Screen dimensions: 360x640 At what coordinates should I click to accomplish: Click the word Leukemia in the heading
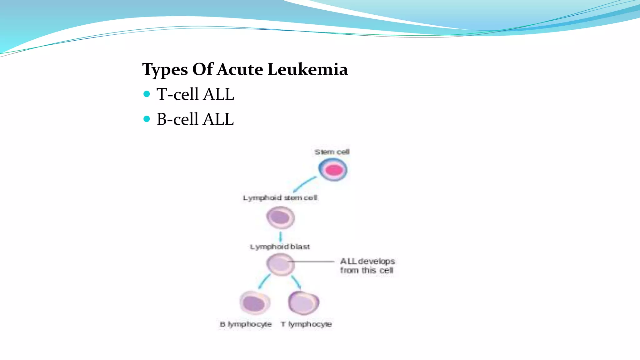pos(307,69)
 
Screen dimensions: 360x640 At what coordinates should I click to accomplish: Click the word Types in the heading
pos(165,70)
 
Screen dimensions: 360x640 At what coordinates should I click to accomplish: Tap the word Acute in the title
pos(240,69)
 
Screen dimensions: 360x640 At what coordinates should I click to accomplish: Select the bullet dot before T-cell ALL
pos(147,94)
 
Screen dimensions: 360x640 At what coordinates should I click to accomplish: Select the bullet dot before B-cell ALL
pos(147,119)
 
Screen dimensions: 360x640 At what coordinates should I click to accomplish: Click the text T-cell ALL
pos(195,94)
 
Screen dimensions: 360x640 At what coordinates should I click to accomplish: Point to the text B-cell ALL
pos(195,119)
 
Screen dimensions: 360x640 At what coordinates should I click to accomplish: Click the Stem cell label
pos(332,152)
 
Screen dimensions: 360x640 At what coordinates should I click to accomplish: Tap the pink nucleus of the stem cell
pos(334,170)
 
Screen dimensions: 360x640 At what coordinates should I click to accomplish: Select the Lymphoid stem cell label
pos(280,198)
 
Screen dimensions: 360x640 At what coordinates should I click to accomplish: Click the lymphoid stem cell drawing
pos(280,217)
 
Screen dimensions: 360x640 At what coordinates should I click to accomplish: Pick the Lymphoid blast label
pos(280,247)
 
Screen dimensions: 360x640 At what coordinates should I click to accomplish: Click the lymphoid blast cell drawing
pos(280,264)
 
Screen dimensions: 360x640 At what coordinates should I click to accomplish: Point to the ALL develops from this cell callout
pos(367,266)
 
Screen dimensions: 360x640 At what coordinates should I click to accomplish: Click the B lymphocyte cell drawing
pos(255,303)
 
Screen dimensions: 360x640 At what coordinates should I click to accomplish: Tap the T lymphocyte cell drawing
pos(303,303)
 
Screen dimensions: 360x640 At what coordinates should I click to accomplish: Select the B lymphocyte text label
pos(246,324)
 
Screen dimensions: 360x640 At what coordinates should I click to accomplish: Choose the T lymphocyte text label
pos(306,324)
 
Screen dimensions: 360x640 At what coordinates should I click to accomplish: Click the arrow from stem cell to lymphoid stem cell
pos(304,184)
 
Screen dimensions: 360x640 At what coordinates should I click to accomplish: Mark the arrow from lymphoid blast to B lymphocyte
pos(264,281)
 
